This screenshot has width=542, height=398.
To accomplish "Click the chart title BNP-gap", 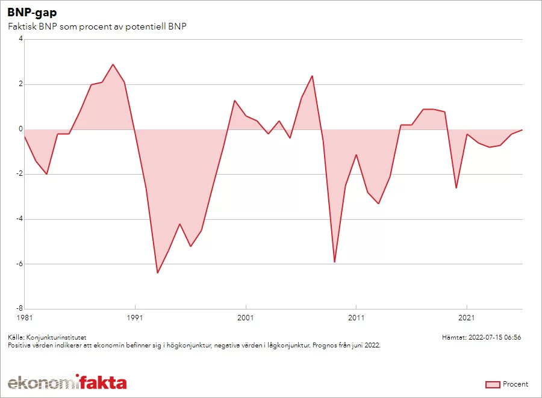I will point(33,13).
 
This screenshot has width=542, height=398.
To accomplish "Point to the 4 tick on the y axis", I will point(20,39).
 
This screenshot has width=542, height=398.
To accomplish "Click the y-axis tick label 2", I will point(20,84).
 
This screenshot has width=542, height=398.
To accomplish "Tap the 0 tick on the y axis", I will point(20,129).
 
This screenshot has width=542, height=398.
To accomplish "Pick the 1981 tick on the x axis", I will point(24,317).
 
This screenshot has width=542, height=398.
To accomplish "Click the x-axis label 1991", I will point(135,317).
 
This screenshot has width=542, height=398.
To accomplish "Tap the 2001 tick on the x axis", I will point(246,317).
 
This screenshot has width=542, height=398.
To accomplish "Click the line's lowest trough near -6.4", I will point(157,273).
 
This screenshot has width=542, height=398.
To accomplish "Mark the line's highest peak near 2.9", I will point(113,64).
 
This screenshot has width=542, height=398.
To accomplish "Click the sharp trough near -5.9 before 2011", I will point(334,262).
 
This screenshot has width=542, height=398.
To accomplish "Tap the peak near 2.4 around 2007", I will point(312,76).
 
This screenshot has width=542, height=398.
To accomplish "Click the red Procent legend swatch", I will point(493,384).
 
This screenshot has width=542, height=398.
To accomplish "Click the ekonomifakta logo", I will point(67,382).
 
